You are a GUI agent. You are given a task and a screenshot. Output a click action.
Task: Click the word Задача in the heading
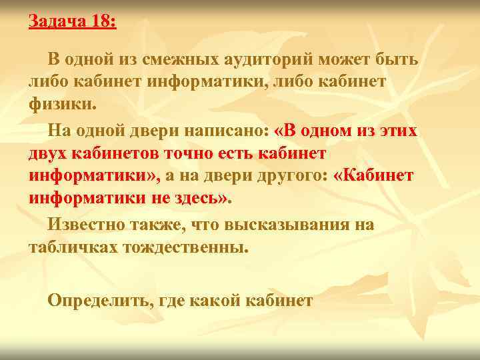tap(55, 21)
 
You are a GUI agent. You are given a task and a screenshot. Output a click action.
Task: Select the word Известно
tap(83, 225)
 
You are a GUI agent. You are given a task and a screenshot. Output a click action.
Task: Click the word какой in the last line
tap(215, 301)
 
